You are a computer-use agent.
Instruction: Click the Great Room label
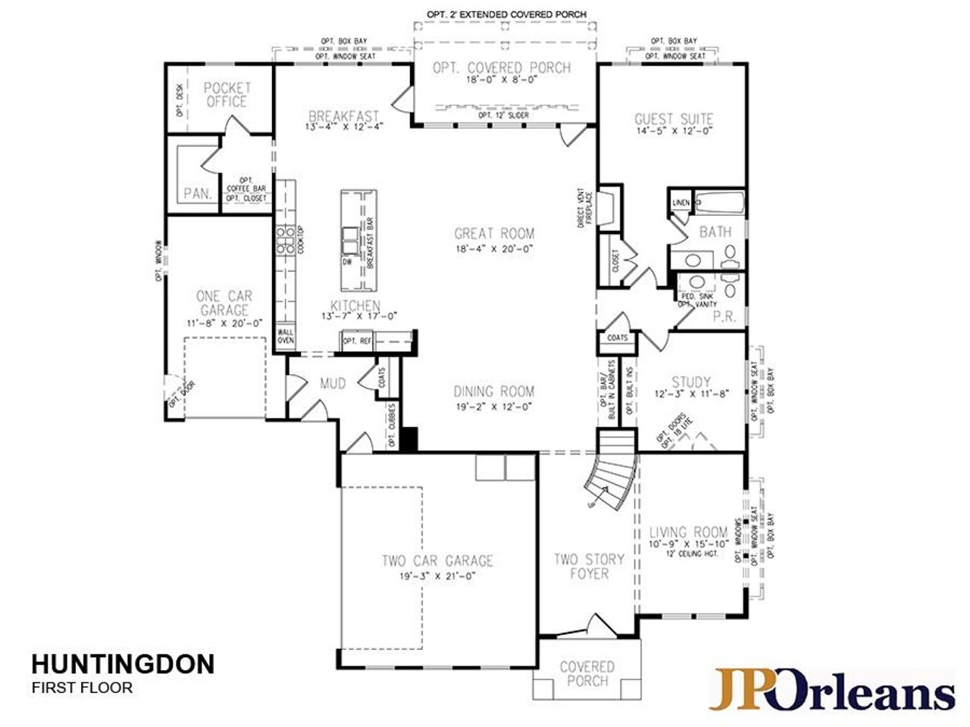click(x=494, y=234)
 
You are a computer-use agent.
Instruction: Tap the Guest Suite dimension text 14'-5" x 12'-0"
click(x=673, y=131)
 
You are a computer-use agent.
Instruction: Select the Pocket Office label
click(x=226, y=95)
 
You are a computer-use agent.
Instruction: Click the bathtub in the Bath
click(x=719, y=203)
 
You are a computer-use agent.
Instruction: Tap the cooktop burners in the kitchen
click(x=284, y=239)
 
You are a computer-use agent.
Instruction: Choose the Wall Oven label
click(x=285, y=335)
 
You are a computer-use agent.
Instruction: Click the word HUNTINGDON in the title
click(x=123, y=664)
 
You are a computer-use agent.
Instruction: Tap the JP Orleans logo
click(x=831, y=690)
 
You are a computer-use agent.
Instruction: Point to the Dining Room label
click(x=493, y=392)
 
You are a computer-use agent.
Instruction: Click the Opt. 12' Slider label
click(x=503, y=115)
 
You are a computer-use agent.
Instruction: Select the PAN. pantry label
click(x=197, y=194)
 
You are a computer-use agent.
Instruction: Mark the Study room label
click(x=691, y=382)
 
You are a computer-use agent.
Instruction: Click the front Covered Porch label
click(x=587, y=673)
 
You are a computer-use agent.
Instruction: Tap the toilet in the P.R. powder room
click(x=730, y=289)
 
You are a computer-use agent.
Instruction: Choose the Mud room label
click(x=332, y=384)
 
